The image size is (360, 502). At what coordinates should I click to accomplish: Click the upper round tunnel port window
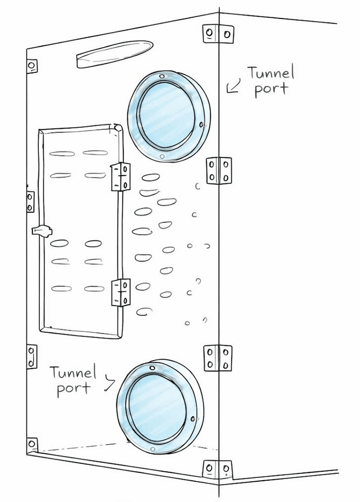coord(169,116)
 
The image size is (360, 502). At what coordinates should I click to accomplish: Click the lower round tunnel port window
coord(160,407)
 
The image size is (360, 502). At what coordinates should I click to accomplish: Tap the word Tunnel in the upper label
coord(271,73)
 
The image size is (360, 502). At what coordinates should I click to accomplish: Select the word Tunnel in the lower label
coord(73,373)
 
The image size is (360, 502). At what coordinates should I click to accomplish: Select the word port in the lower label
coord(73,389)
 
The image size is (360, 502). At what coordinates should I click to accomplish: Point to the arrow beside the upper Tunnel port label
coord(233,86)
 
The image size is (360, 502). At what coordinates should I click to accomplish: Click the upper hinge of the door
coord(121,176)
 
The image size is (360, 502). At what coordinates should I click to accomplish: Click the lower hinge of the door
coord(121,292)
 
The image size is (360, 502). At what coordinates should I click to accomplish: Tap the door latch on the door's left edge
coord(41,230)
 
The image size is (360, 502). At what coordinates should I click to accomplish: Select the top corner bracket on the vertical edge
coord(219,34)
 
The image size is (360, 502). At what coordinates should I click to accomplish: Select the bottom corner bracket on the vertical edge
coord(218,470)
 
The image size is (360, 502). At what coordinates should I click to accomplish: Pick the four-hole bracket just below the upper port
coord(219,171)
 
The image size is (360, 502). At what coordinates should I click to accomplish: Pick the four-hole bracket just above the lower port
coord(218,358)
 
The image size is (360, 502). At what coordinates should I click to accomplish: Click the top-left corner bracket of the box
coord(32,66)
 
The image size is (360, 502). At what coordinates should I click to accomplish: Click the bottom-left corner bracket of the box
coord(32,445)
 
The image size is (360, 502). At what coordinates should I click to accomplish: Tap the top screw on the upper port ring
coord(162,76)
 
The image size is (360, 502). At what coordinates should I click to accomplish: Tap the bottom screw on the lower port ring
coord(153,449)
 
